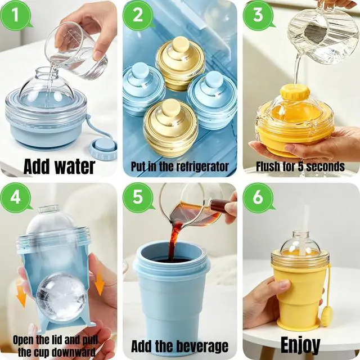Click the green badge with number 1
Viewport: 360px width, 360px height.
[16, 16]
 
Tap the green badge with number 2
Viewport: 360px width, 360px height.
[138, 16]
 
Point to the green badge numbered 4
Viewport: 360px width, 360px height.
[16, 197]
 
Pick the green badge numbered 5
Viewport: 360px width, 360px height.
[138, 197]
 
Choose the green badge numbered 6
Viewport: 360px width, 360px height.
[258, 197]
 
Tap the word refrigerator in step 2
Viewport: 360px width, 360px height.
[199, 166]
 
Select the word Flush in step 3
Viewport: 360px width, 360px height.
[268, 166]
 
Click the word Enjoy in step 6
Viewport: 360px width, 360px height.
[300, 345]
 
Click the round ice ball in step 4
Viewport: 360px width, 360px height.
[61, 296]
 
